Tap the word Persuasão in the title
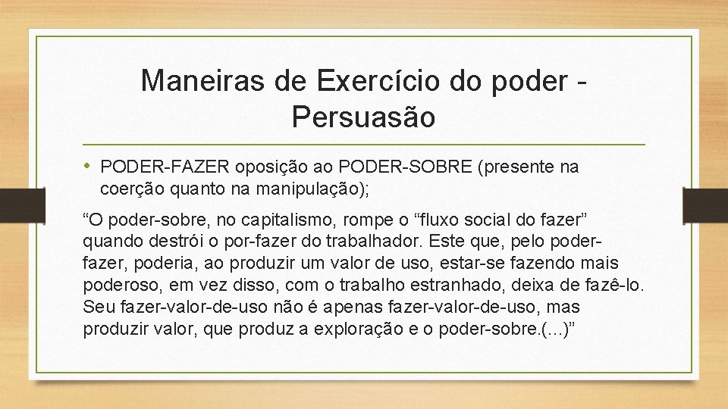pos(363,117)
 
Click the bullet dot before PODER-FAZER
pos(89,167)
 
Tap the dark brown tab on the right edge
pos(716,205)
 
